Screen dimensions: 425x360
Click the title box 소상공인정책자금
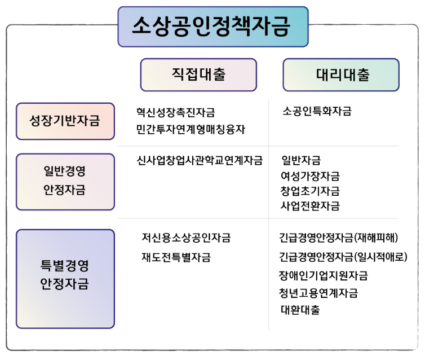pos(213,27)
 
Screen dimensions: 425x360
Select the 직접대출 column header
pos(198,74)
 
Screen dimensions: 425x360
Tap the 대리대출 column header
pos(340,74)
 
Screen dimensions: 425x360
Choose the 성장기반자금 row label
pos(65,121)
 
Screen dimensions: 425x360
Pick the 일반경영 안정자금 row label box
pos(65,181)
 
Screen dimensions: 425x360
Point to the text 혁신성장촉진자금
pos(175,112)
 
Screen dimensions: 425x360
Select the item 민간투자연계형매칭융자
pos(191,129)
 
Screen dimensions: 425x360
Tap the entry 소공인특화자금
pos(317,111)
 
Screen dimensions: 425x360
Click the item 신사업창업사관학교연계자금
pos(200,161)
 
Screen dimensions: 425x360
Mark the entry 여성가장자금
pos(310,176)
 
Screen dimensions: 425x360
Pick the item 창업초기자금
pos(310,191)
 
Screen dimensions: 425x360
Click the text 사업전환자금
pos(310,206)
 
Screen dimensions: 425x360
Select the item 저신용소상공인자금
pos(186,238)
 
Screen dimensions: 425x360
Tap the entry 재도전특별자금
pos(176,257)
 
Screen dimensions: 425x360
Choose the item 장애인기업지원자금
pos(324,275)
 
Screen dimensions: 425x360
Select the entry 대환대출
pos(300,310)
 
